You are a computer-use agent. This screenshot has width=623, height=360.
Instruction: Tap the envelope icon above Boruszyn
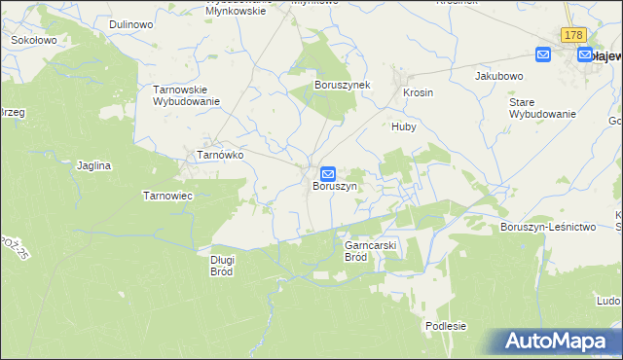click(x=329, y=173)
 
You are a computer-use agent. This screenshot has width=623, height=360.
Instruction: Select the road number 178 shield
click(x=572, y=35)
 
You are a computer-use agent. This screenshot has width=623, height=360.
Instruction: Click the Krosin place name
click(x=418, y=93)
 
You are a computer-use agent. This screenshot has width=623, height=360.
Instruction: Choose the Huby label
click(x=404, y=126)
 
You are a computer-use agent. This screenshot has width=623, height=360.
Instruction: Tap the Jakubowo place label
click(x=499, y=75)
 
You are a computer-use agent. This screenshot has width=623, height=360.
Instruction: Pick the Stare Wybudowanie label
click(x=542, y=107)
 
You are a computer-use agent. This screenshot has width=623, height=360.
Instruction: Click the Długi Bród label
click(x=221, y=266)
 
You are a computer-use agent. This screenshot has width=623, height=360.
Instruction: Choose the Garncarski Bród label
click(x=370, y=252)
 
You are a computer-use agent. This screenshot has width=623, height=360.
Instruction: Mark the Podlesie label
click(x=446, y=326)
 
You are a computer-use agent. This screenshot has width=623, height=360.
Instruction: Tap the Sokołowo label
click(x=33, y=42)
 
